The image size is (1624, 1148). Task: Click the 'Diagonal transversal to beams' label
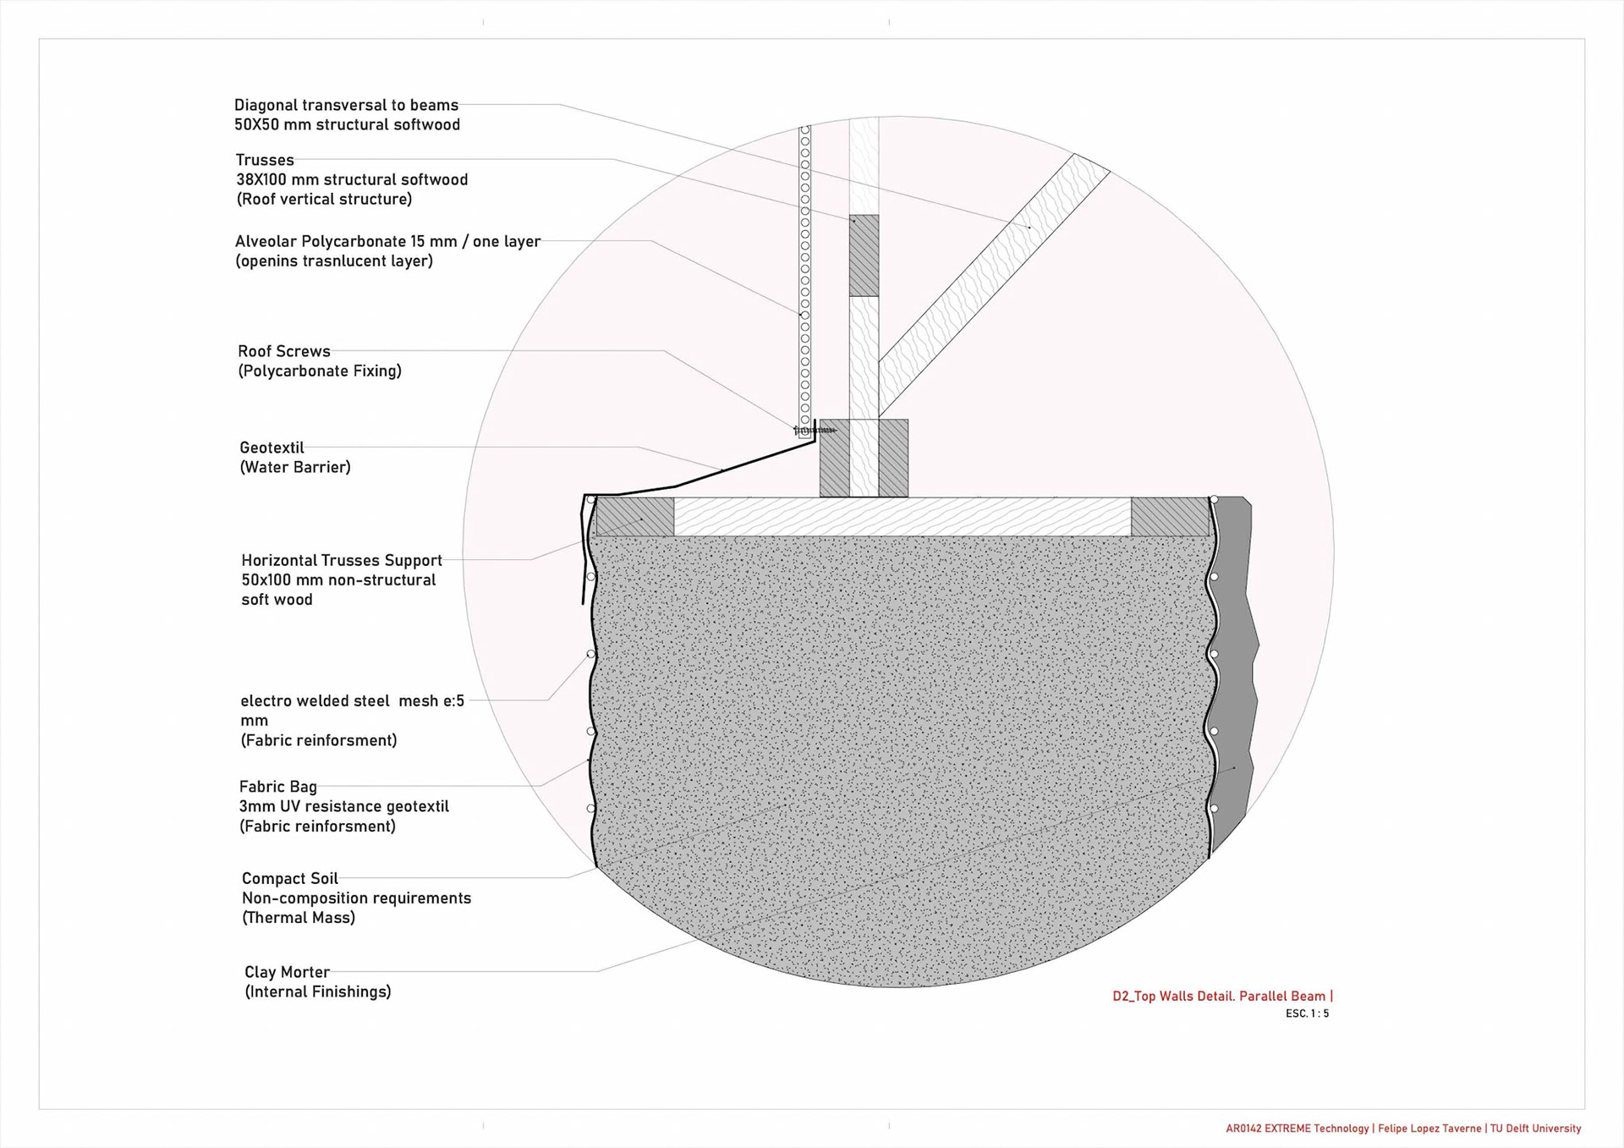click(x=346, y=106)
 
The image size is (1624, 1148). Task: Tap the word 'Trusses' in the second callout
click(x=265, y=161)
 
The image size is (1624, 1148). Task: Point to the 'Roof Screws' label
click(x=283, y=352)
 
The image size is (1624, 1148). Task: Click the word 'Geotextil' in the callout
click(x=272, y=448)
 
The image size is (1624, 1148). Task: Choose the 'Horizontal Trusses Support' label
click(x=342, y=561)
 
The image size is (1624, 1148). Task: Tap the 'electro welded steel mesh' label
click(x=352, y=701)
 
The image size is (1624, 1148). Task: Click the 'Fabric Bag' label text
click(x=277, y=788)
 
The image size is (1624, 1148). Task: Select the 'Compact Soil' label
click(x=289, y=879)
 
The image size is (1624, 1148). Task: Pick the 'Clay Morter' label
click(x=287, y=973)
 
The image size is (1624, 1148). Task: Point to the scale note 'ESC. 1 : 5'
click(x=1307, y=1013)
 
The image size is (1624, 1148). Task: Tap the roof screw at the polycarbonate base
click(x=814, y=431)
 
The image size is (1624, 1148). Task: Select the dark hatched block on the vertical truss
click(x=864, y=255)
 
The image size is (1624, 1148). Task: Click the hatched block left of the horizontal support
click(x=635, y=517)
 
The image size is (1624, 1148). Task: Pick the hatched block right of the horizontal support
click(x=1170, y=517)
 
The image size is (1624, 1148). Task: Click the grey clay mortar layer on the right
click(x=1234, y=677)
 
